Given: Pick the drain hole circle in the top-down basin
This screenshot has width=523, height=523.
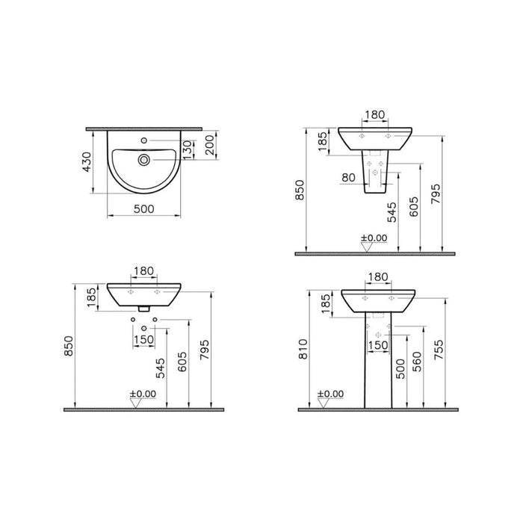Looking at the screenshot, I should [143, 158].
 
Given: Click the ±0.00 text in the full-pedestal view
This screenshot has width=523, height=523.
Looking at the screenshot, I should [330, 393].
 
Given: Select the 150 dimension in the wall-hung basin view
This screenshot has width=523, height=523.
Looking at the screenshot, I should [143, 339].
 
